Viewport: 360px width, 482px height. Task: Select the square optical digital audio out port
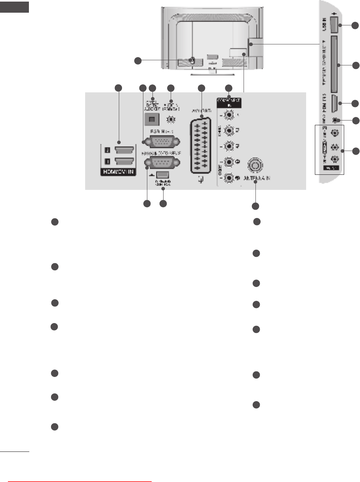[x=150, y=119]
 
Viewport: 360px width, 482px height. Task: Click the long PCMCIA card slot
[x=332, y=63]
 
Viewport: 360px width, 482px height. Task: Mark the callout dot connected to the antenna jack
[x=255, y=206]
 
